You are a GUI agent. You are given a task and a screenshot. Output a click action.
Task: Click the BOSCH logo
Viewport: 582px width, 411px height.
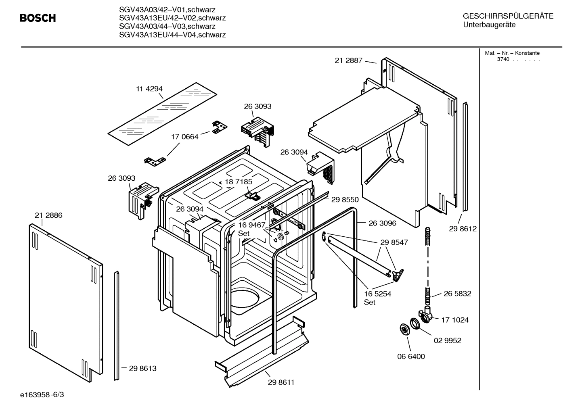[38, 18]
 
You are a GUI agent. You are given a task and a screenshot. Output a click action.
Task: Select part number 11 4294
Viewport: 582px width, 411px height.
[149, 89]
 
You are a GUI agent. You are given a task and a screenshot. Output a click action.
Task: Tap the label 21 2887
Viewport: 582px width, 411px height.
[348, 61]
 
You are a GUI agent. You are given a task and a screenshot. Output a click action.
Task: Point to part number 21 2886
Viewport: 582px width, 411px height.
[48, 215]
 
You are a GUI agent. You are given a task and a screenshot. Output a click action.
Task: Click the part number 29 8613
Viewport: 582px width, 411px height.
[142, 368]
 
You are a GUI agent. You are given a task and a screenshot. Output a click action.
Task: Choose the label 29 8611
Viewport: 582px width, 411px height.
[281, 382]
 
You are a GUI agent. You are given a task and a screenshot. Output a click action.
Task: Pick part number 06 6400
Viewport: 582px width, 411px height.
[411, 357]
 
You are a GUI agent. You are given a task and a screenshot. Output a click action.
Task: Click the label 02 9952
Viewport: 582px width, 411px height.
[447, 340]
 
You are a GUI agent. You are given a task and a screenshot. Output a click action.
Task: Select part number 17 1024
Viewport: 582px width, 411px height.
[455, 320]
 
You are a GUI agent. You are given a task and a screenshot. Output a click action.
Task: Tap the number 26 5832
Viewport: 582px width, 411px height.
[457, 294]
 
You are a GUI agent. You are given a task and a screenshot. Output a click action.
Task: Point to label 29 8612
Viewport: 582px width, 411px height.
[463, 229]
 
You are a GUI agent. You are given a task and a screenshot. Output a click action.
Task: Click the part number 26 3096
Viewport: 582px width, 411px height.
[382, 223]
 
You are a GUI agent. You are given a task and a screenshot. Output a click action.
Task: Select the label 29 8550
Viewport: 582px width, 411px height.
[345, 199]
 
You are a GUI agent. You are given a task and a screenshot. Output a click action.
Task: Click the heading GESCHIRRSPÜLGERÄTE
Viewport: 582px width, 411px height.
[508, 17]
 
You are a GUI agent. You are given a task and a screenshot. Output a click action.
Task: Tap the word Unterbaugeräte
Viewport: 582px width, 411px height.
[489, 25]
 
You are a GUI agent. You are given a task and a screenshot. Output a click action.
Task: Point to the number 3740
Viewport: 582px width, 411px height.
[503, 59]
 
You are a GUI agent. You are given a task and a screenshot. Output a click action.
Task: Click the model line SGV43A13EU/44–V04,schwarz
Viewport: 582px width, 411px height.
[172, 35]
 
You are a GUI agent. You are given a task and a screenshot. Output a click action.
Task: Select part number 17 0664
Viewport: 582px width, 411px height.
[185, 137]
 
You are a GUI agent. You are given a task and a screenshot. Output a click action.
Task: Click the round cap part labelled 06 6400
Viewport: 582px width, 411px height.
[403, 329]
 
